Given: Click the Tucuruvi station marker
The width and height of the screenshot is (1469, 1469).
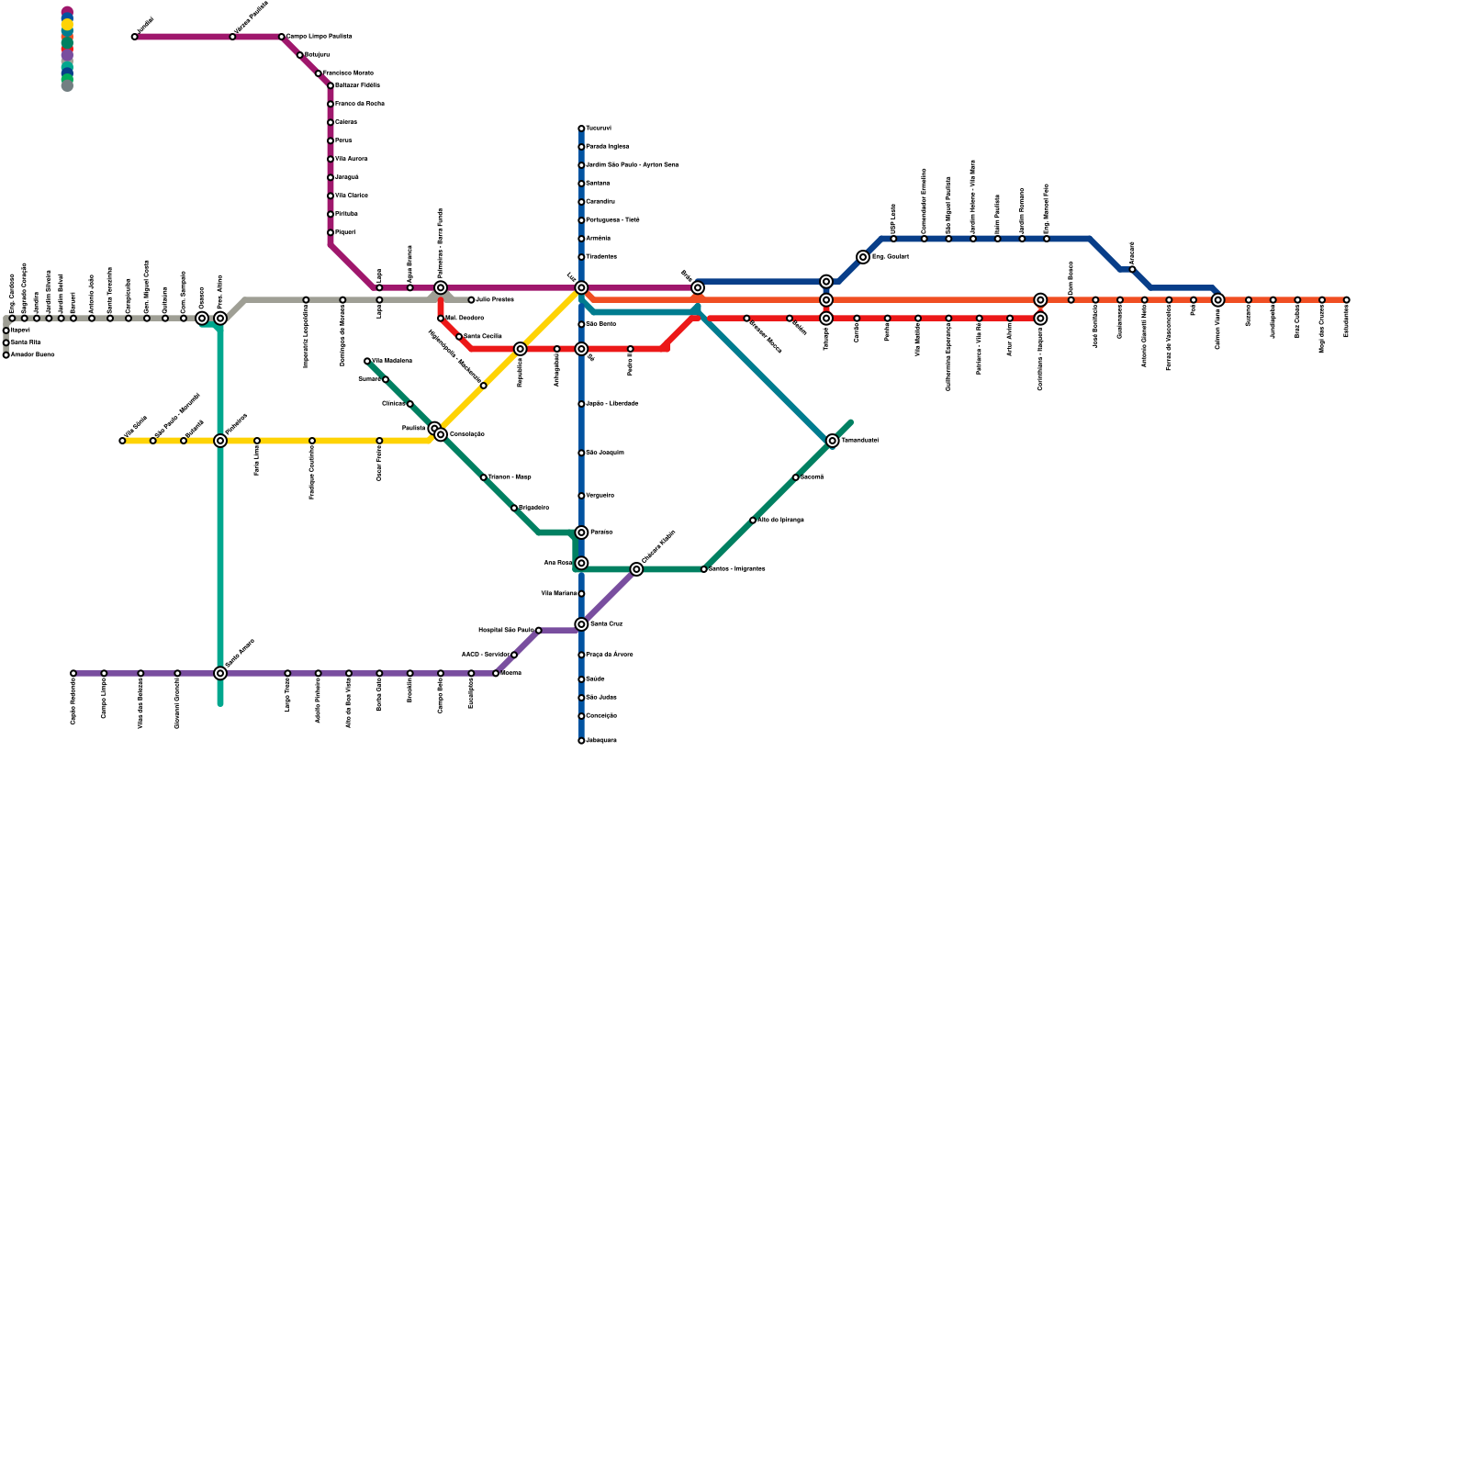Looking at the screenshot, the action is (581, 129).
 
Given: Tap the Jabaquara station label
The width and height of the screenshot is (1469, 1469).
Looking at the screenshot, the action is (601, 741).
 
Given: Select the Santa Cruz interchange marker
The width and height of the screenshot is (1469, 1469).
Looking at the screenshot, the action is (581, 624).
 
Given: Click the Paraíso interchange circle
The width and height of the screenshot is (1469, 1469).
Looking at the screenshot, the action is (581, 533).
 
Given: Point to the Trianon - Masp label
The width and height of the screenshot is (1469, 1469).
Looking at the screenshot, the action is (510, 477).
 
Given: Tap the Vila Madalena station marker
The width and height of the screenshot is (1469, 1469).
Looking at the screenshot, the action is (367, 361).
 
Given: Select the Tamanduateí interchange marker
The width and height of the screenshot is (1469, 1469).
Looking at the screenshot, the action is (832, 441).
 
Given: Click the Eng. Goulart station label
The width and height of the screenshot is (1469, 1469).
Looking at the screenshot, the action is (890, 257).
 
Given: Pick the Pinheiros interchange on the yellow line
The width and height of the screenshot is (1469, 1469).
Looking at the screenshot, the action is (220, 441).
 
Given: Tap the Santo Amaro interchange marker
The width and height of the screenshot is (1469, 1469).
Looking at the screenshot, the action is (220, 673).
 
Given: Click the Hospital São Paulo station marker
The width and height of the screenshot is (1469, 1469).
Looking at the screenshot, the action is (538, 631).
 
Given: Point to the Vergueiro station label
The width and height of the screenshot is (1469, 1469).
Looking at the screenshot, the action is (600, 496).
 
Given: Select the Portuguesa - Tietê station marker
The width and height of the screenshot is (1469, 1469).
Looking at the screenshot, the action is (581, 220).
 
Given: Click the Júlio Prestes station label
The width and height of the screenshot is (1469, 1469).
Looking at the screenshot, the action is (495, 300).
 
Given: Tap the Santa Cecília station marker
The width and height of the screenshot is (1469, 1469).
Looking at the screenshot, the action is (459, 337).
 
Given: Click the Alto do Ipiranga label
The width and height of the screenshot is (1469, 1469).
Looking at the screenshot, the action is (780, 521).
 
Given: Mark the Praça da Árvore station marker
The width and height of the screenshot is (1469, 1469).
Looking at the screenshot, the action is (581, 655).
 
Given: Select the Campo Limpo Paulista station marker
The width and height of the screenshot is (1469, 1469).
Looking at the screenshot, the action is (281, 37).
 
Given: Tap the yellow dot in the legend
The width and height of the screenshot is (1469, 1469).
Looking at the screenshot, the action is (67, 25).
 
